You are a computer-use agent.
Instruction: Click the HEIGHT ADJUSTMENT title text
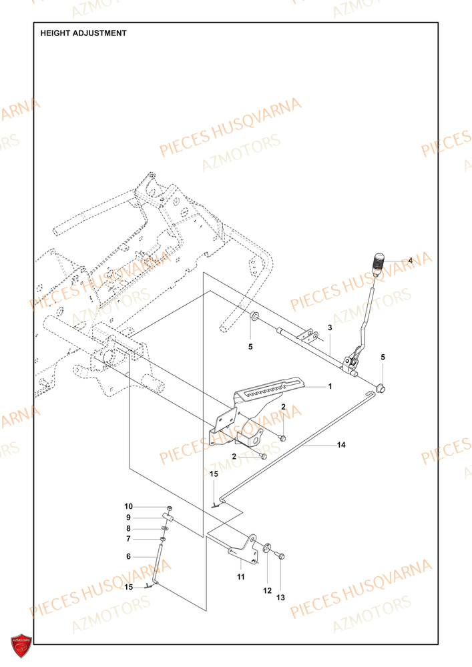click(83, 33)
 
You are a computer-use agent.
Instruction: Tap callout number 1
click(329, 386)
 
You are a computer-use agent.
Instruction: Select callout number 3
click(329, 327)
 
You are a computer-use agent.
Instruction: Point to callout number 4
click(410, 260)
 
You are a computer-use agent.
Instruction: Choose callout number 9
click(129, 518)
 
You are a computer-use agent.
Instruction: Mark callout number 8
click(129, 528)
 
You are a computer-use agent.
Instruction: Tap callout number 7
click(129, 539)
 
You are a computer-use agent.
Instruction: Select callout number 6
click(129, 556)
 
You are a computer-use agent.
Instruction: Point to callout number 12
click(267, 590)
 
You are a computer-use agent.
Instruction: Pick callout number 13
click(280, 598)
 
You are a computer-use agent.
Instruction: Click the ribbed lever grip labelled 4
click(379, 261)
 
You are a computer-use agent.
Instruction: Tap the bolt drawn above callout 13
click(280, 555)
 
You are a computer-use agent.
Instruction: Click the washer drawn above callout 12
click(267, 549)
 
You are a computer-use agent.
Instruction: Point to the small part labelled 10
click(170, 508)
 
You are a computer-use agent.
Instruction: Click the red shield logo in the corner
click(21, 646)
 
